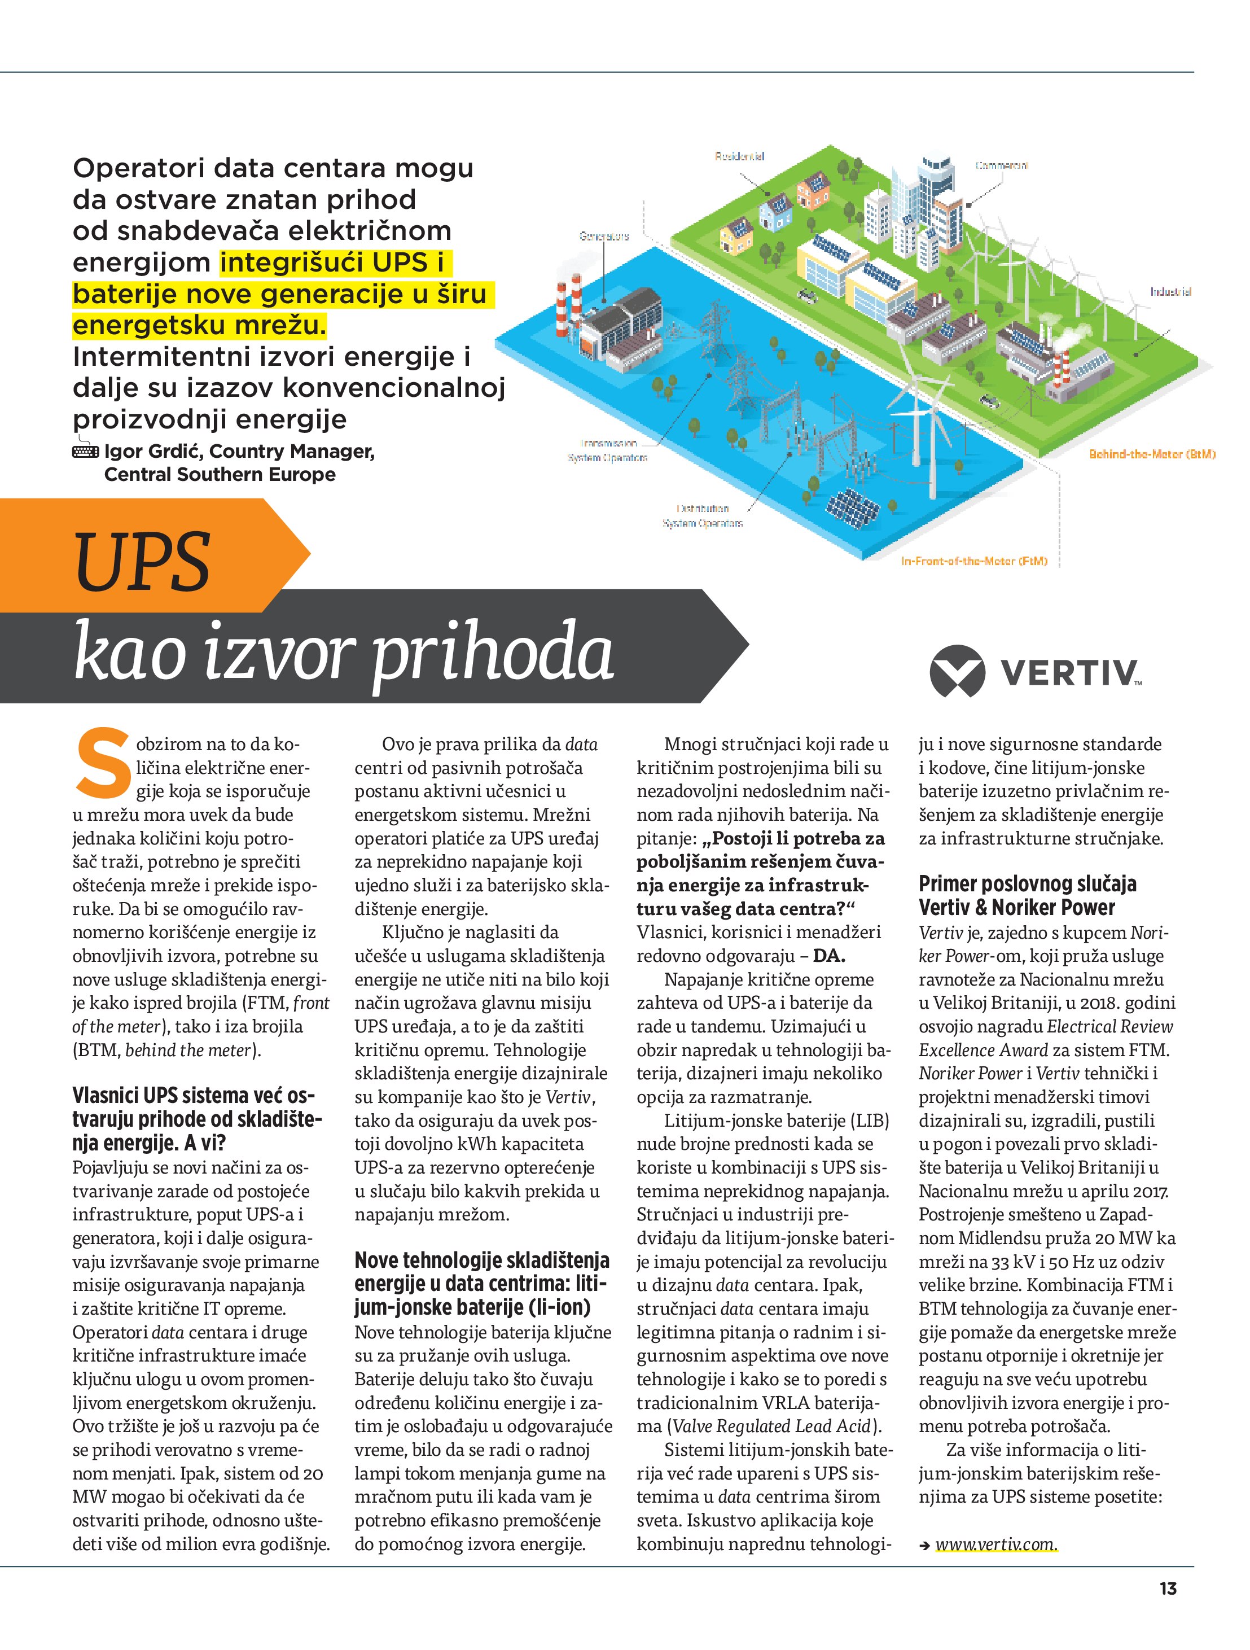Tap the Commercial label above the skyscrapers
click(x=1001, y=165)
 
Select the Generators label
click(x=603, y=237)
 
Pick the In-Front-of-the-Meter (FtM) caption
click(x=974, y=561)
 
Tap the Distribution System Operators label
click(x=703, y=515)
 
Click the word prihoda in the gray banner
click(x=492, y=654)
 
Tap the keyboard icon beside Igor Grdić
click(x=85, y=451)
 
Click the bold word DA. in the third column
click(x=828, y=956)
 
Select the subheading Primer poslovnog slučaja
click(x=1027, y=884)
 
